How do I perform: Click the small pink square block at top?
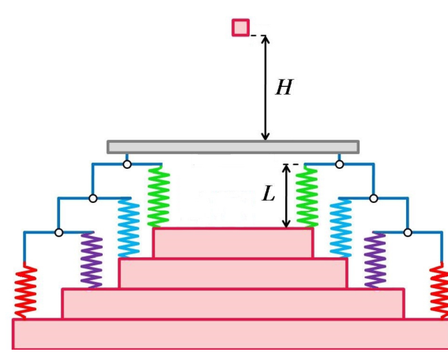(x=240, y=28)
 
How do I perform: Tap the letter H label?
(x=284, y=87)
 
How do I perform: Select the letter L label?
(x=269, y=193)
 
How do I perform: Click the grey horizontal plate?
(x=233, y=147)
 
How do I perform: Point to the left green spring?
(x=159, y=197)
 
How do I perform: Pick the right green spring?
(x=307, y=197)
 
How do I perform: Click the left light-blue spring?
(x=129, y=228)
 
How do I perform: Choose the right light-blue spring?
(x=341, y=228)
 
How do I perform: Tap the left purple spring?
(x=92, y=261)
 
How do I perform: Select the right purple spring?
(x=375, y=261)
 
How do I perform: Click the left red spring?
(x=26, y=292)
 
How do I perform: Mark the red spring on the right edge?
(x=439, y=292)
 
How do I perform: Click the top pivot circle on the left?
(x=127, y=164)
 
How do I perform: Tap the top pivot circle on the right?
(x=340, y=164)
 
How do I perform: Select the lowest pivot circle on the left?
(x=58, y=233)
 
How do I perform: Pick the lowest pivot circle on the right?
(x=408, y=233)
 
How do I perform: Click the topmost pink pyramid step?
(x=233, y=242)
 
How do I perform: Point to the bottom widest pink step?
(x=230, y=334)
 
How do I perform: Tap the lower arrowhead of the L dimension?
(x=286, y=224)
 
